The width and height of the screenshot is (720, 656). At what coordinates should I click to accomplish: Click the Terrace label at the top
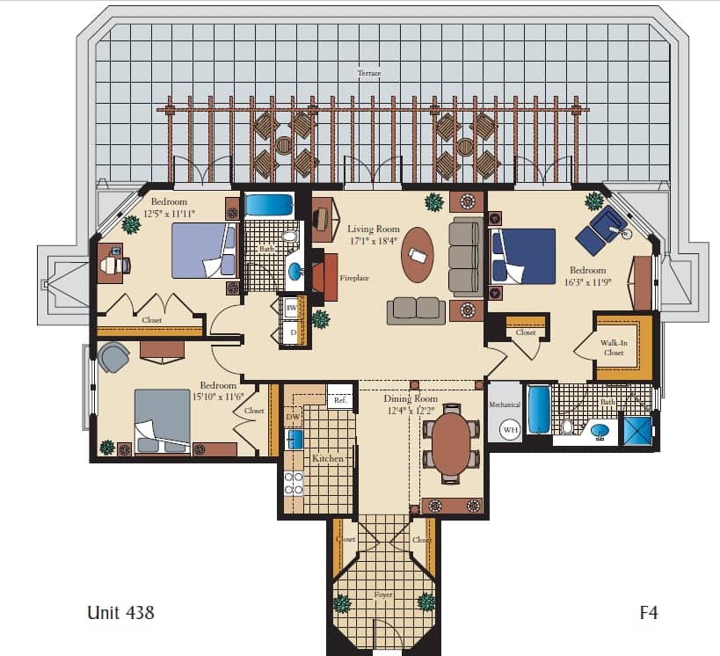[x=368, y=73]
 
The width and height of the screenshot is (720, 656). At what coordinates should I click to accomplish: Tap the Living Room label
[x=373, y=229]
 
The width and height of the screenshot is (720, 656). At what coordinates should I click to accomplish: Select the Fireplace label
[x=354, y=278]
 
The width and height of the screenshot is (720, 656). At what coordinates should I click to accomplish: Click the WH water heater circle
[x=509, y=430]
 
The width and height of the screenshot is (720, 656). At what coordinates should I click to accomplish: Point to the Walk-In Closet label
[x=614, y=347]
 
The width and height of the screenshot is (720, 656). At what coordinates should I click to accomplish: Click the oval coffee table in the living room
[x=417, y=253]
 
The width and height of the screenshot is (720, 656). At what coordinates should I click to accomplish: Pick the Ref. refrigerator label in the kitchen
[x=339, y=400]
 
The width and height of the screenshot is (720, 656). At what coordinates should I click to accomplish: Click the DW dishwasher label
[x=293, y=416]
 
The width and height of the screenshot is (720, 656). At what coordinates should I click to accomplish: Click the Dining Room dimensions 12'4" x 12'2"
[x=411, y=410]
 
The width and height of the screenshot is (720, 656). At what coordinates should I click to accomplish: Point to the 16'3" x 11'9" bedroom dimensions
[x=587, y=282]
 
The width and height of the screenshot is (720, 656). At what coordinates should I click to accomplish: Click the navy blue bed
[x=523, y=256]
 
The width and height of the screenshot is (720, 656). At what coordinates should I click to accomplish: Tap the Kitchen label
[x=327, y=458]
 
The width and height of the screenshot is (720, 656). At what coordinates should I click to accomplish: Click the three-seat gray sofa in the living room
[x=463, y=257]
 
